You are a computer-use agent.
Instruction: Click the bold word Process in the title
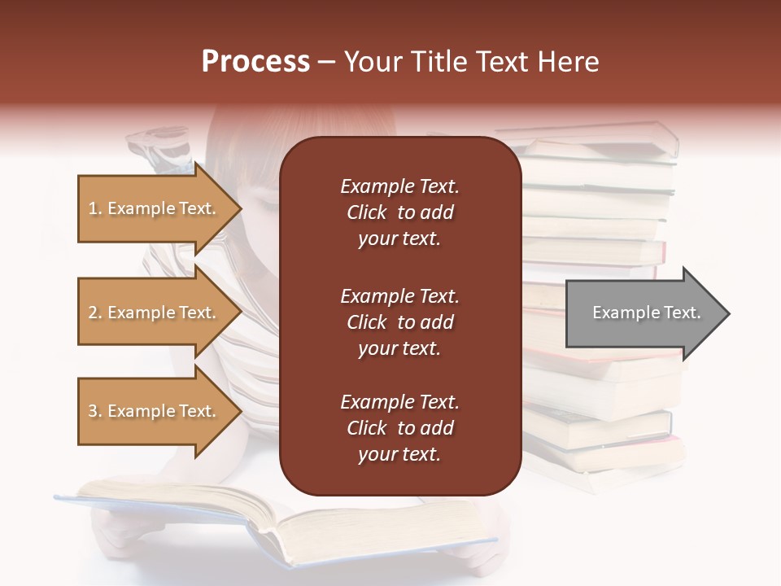(x=255, y=62)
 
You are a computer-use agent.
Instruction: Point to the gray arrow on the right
(x=643, y=313)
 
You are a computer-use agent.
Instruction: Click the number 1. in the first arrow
(x=95, y=209)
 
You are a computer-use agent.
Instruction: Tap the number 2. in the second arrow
(x=95, y=313)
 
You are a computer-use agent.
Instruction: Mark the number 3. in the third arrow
(x=95, y=411)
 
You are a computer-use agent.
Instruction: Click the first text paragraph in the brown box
(x=399, y=212)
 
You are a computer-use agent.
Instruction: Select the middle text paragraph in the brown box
(x=399, y=321)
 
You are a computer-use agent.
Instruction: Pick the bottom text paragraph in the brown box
(x=399, y=428)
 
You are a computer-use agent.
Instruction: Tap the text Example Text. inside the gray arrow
(x=646, y=313)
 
